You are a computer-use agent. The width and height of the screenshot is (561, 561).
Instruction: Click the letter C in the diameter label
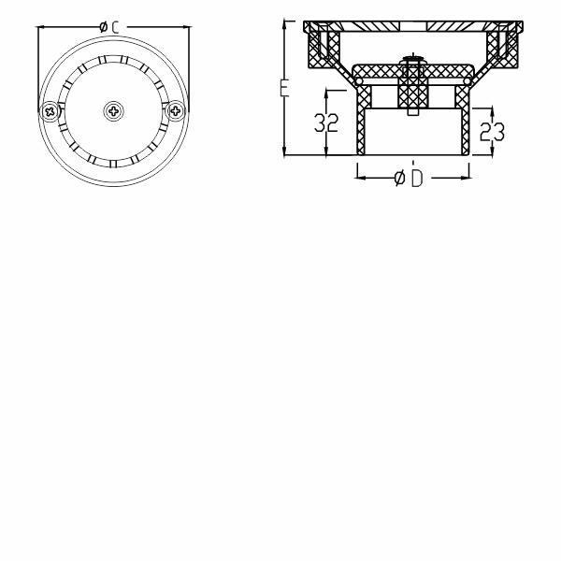(x=115, y=28)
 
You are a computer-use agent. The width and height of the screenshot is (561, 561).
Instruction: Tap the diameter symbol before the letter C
(x=102, y=28)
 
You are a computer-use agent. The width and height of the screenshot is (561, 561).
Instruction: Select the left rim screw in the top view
(x=50, y=111)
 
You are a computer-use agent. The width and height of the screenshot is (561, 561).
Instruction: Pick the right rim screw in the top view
(x=175, y=111)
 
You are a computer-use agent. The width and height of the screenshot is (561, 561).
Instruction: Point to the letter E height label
(x=283, y=90)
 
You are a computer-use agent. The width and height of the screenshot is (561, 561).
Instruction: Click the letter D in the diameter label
(x=416, y=178)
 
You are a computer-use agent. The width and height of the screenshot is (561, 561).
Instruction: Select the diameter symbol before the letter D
(x=399, y=178)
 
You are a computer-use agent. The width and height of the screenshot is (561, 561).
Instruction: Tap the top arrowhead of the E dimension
(x=284, y=24)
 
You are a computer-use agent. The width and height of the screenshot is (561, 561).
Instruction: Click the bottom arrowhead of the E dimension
(x=284, y=151)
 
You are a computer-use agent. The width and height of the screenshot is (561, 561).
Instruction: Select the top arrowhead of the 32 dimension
(x=326, y=92)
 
